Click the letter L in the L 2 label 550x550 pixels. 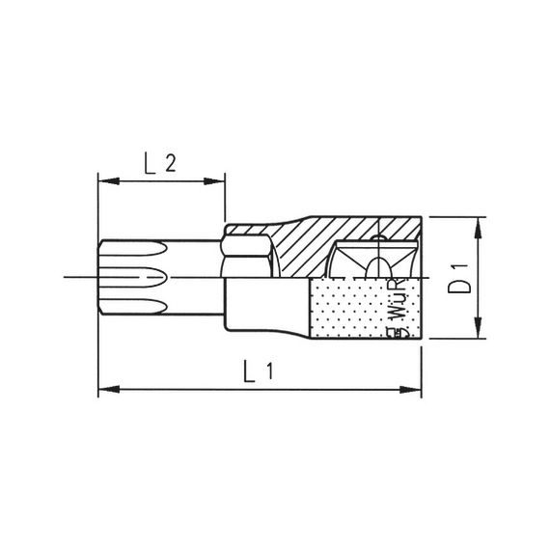click(x=151, y=165)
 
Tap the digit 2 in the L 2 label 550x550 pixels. click(x=171, y=165)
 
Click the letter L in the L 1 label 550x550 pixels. click(x=250, y=370)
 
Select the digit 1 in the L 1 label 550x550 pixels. click(x=271, y=370)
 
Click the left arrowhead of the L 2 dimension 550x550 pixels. click(x=103, y=179)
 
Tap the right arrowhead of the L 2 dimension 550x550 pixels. click(x=218, y=179)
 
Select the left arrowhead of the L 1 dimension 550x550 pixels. click(x=103, y=389)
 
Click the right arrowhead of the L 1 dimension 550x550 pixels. click(x=417, y=389)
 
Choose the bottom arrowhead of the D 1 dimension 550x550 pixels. click(x=476, y=332)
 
